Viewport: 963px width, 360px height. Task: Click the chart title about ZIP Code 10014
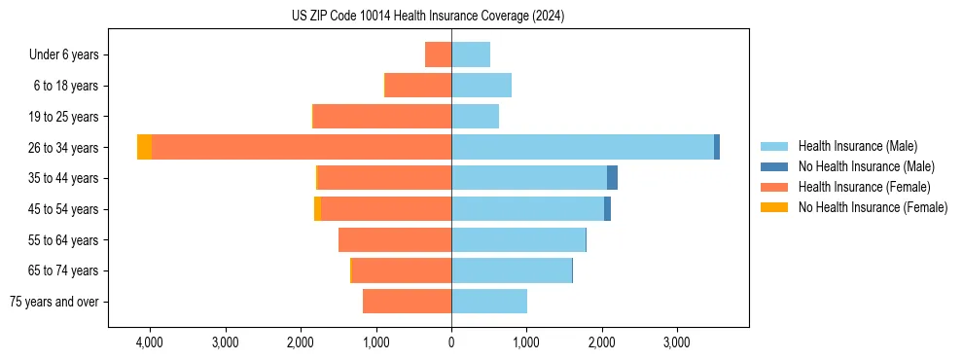click(x=428, y=16)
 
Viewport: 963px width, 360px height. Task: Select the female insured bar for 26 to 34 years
click(x=302, y=147)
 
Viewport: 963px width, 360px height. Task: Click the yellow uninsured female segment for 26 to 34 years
click(x=144, y=147)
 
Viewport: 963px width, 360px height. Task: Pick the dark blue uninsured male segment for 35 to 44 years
click(x=612, y=178)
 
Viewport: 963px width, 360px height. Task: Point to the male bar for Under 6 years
click(x=471, y=54)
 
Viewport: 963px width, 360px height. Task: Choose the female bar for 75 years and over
click(x=407, y=302)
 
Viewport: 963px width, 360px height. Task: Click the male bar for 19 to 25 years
click(x=475, y=117)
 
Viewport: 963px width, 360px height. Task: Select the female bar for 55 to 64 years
click(x=395, y=239)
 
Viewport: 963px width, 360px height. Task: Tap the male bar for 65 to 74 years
click(x=512, y=270)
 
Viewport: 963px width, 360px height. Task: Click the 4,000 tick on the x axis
click(x=150, y=342)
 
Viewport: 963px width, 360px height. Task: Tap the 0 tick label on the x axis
click(x=451, y=342)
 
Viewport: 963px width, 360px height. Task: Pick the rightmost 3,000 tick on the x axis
click(x=676, y=342)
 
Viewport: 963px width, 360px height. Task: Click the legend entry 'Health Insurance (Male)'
click(x=857, y=146)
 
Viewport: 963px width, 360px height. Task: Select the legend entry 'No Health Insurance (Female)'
click(x=873, y=207)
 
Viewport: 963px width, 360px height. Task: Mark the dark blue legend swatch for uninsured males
click(x=774, y=166)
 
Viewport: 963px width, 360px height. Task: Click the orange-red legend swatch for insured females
click(x=774, y=187)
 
